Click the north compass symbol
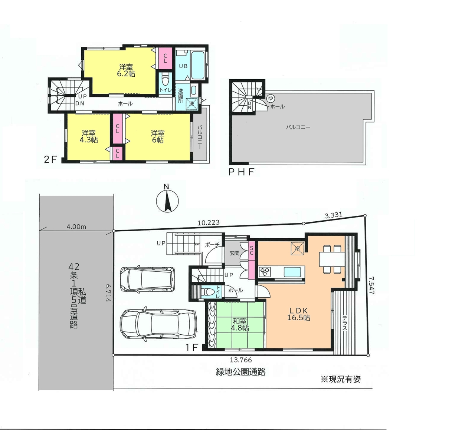click(x=167, y=201)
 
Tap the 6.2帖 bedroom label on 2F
click(x=126, y=70)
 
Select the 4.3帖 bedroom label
click(x=88, y=136)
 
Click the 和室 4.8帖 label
click(x=240, y=324)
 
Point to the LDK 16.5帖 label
click(x=298, y=314)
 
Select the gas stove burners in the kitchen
click(x=264, y=272)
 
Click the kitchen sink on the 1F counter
click(x=292, y=272)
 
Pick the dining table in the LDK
click(x=332, y=259)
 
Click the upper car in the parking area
click(x=147, y=279)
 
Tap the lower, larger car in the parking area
click(x=158, y=324)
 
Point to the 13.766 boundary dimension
click(x=240, y=360)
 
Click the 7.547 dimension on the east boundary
click(x=371, y=285)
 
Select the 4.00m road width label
click(x=76, y=226)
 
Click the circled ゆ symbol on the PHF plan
click(x=270, y=98)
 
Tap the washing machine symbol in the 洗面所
click(x=191, y=104)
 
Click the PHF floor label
click(x=241, y=172)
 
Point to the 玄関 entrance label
click(x=234, y=253)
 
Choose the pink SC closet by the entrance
click(x=252, y=260)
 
